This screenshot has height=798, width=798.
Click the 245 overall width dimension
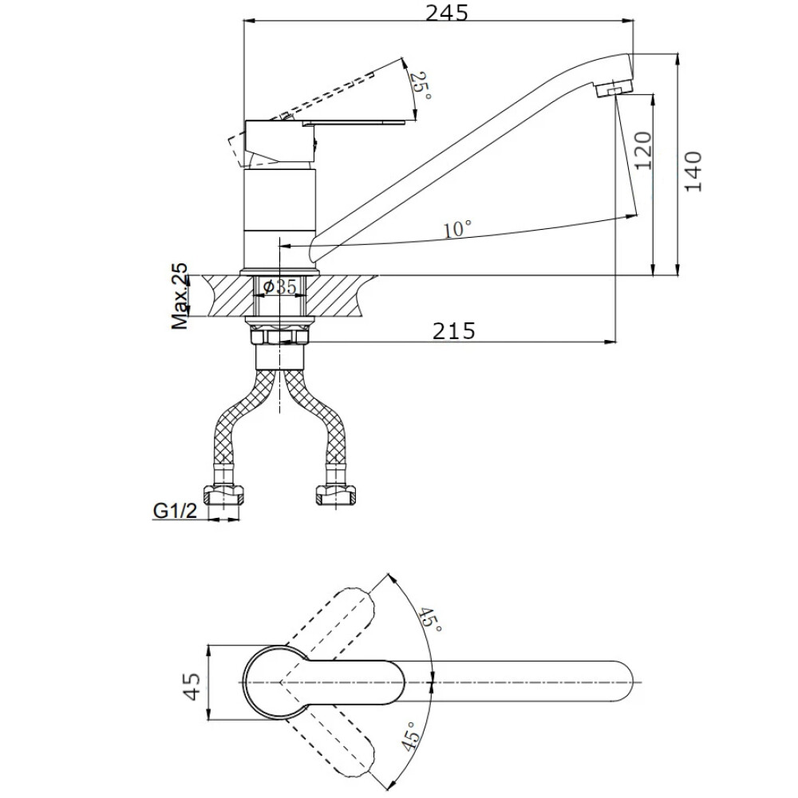(x=446, y=13)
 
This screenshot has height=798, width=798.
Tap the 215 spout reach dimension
(x=453, y=331)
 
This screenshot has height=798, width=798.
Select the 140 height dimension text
(x=693, y=172)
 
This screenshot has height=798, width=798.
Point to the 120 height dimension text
(x=643, y=151)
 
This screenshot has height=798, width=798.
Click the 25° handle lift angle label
(x=421, y=85)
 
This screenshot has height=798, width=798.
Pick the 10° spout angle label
(x=456, y=229)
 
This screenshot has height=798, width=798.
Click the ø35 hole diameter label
(x=280, y=286)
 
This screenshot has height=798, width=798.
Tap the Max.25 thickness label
(x=179, y=296)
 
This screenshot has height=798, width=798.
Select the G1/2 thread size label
(x=175, y=510)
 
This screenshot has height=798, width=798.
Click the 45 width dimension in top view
(x=192, y=686)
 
